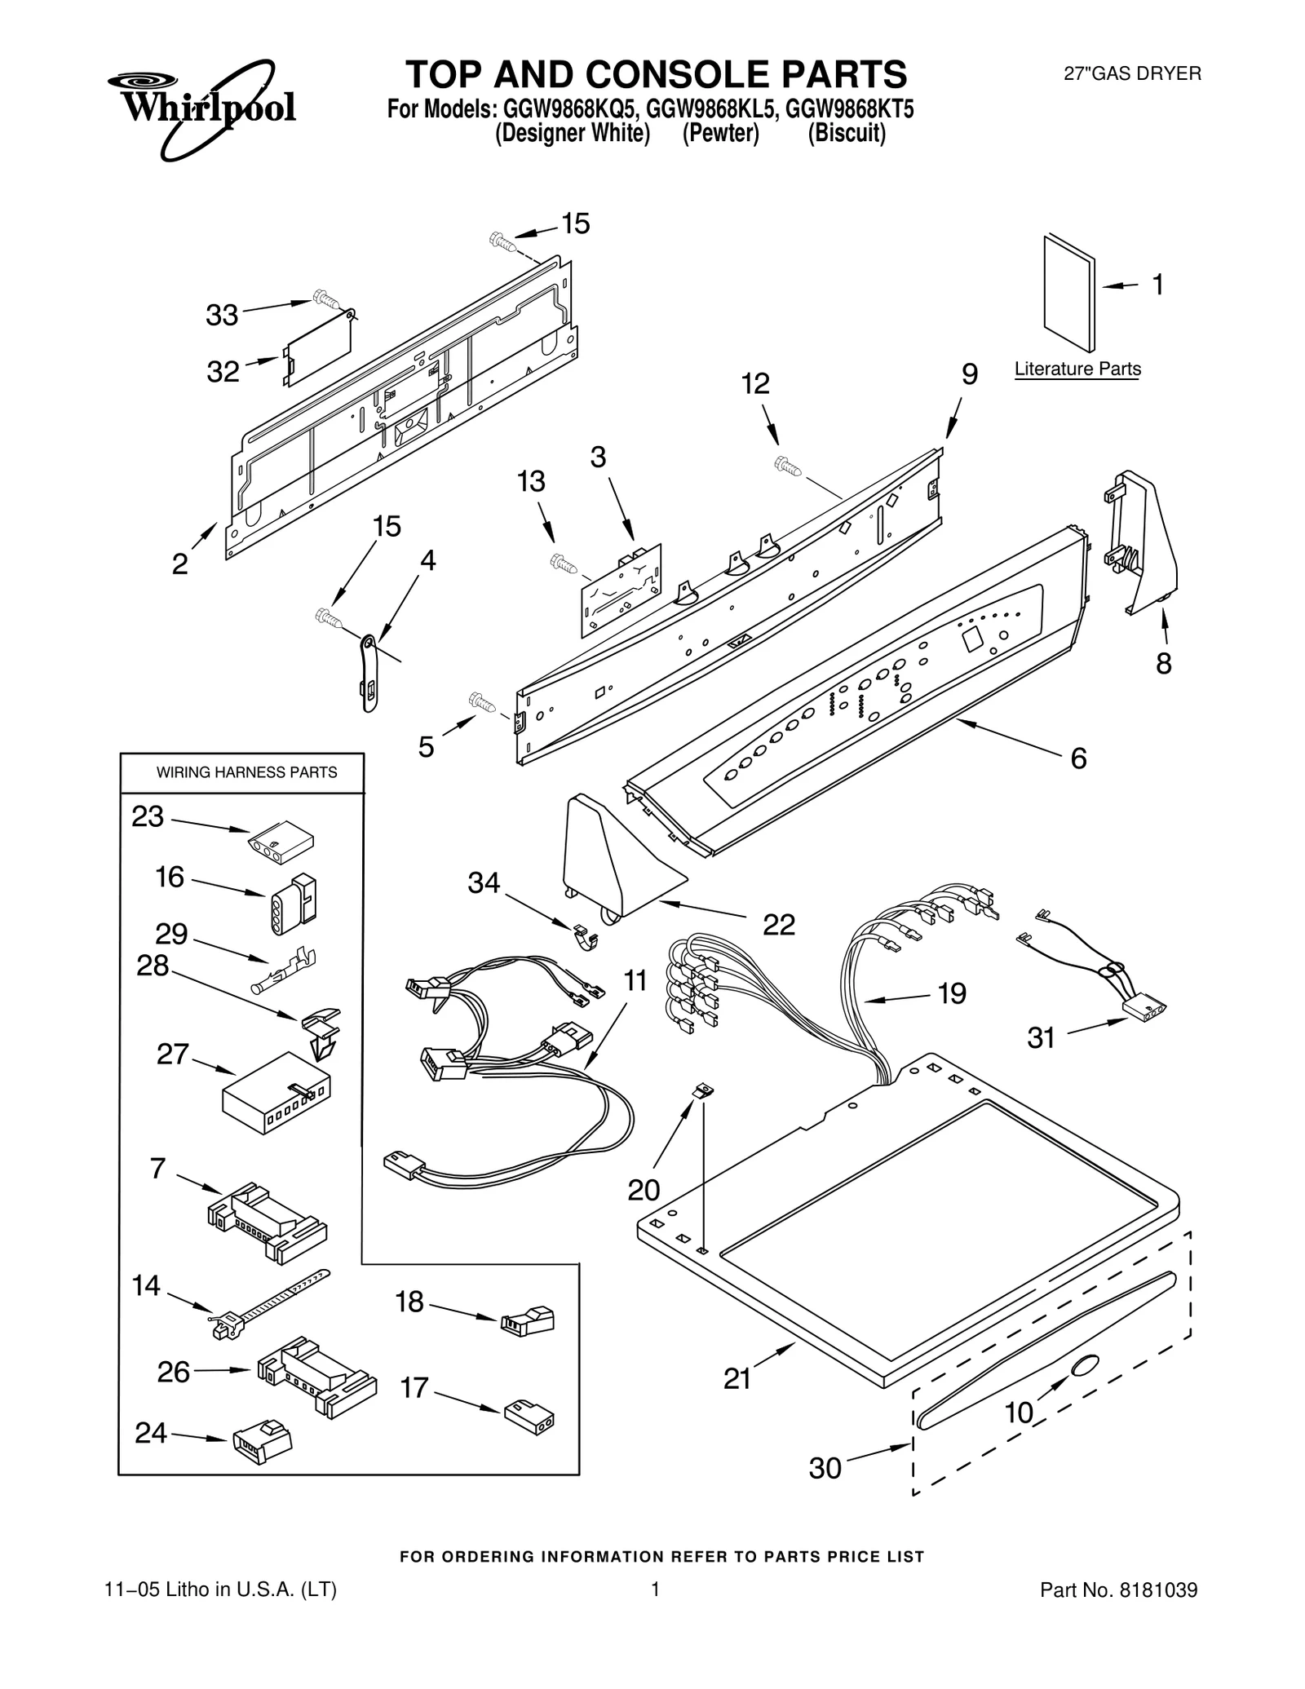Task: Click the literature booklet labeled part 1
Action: tap(1069, 294)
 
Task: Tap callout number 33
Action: tap(221, 315)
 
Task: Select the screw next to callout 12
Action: tap(789, 465)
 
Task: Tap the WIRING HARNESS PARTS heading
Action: tap(246, 772)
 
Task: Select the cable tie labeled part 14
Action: tap(269, 1304)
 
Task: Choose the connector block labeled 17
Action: tap(529, 1417)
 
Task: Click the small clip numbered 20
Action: tap(701, 1090)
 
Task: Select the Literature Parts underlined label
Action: tap(1077, 369)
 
